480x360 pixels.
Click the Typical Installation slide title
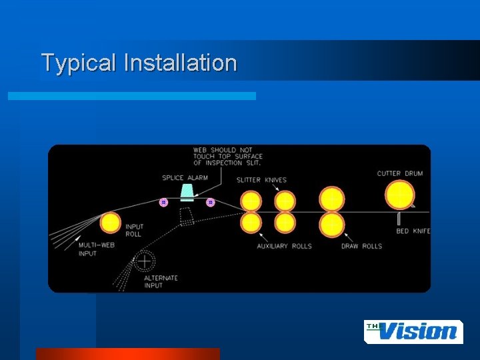tap(139, 63)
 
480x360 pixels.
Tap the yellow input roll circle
tap(110, 223)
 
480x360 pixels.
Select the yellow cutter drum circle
tap(399, 195)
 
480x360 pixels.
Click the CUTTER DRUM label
tap(400, 174)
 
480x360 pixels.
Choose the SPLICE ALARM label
tap(185, 178)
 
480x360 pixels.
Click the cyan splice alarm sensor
tap(187, 193)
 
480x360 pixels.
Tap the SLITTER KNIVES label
tap(261, 180)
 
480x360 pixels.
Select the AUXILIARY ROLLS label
tap(285, 246)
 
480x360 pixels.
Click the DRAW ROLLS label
tap(361, 246)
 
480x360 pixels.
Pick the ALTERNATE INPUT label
tap(161, 282)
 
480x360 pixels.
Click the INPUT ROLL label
tap(135, 231)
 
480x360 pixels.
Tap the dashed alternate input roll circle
tap(143, 261)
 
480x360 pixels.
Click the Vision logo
tap(413, 331)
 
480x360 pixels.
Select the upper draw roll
tap(331, 199)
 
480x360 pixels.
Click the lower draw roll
tap(331, 225)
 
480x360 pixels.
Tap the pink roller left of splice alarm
tap(163, 202)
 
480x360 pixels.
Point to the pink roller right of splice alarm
tap(210, 202)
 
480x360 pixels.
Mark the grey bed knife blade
tap(399, 219)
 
